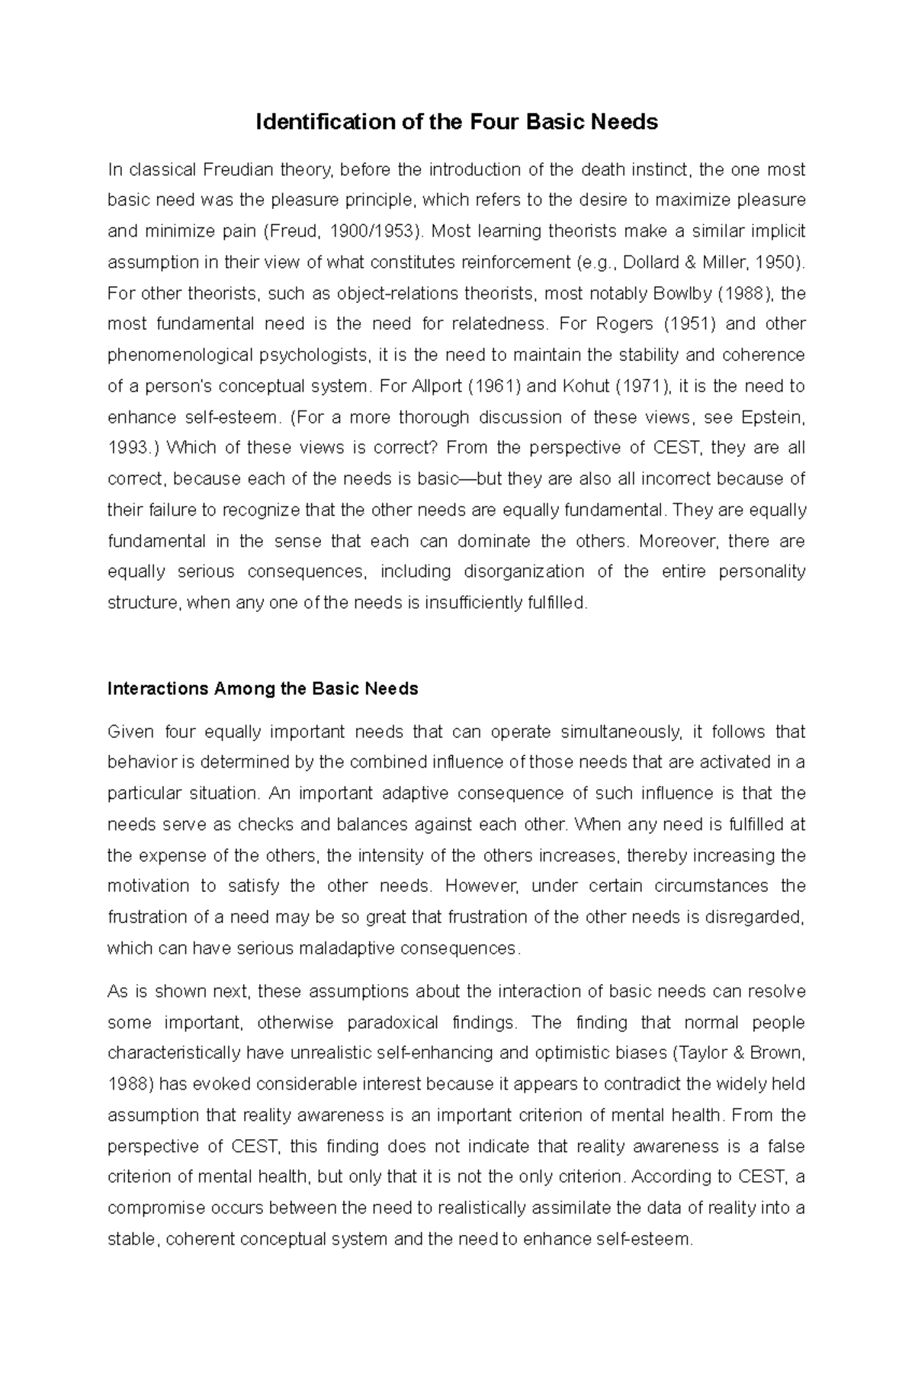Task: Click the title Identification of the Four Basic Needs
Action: [457, 122]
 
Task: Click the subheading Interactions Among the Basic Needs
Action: [263, 689]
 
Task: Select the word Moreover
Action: [678, 541]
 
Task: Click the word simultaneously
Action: [621, 732]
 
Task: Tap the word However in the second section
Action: [480, 887]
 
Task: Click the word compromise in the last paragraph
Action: [156, 1208]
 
